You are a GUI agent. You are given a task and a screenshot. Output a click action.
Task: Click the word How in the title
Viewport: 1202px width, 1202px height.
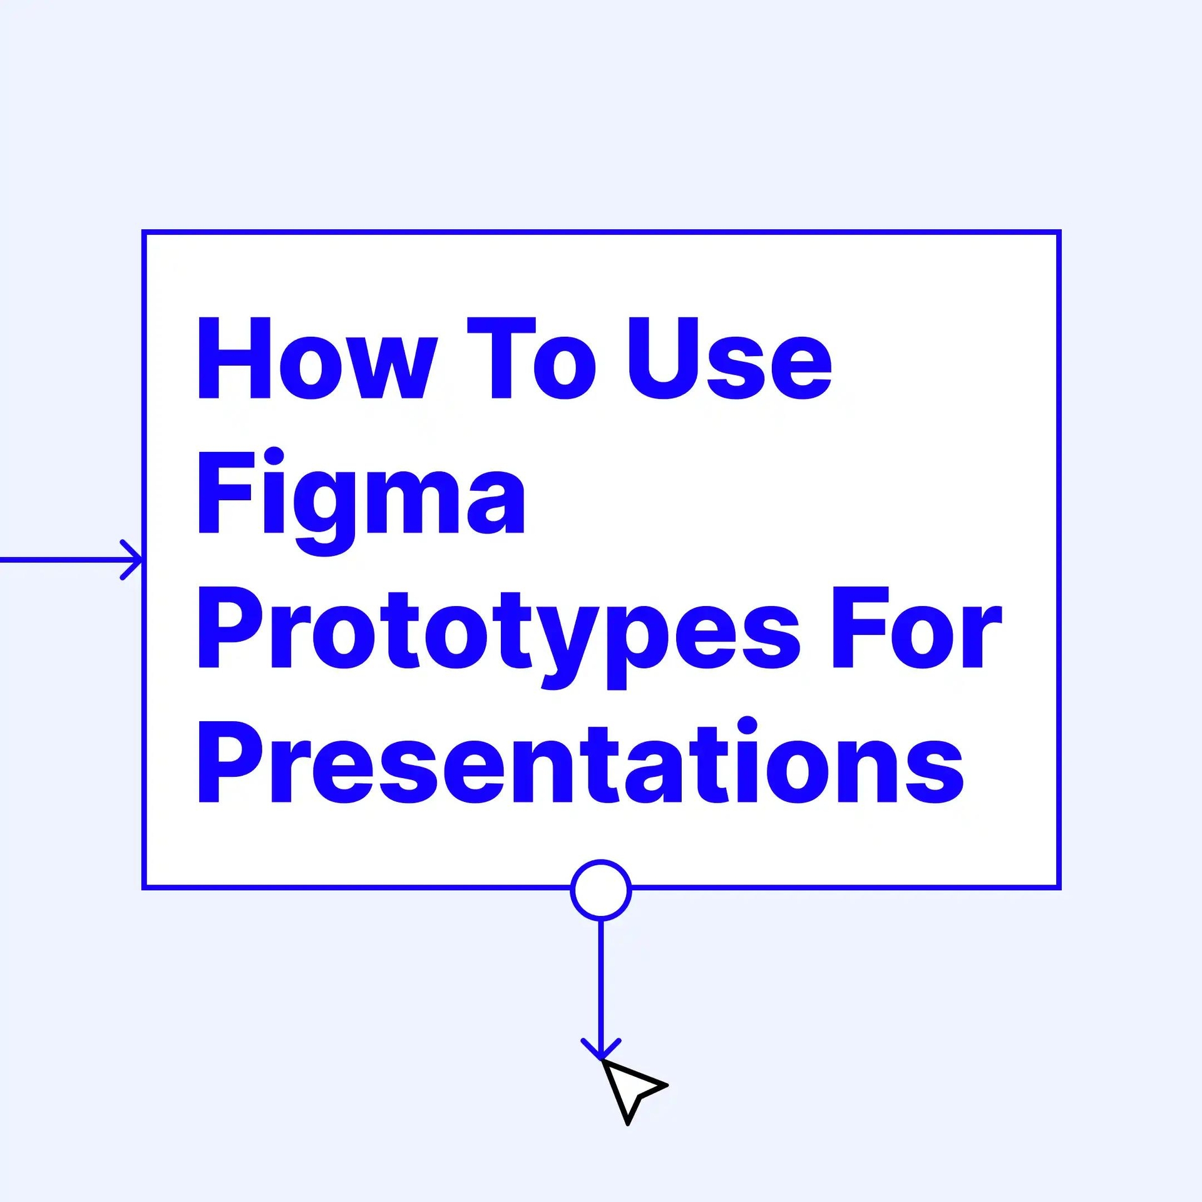(x=317, y=357)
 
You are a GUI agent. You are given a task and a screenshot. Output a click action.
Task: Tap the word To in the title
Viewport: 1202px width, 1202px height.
(x=532, y=357)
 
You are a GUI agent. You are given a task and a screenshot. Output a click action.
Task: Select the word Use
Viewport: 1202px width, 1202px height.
(x=730, y=358)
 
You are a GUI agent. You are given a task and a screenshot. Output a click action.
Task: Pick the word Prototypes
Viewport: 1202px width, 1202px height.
(x=500, y=637)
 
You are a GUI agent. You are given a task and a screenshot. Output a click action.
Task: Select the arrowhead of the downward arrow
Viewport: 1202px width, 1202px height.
(x=601, y=1050)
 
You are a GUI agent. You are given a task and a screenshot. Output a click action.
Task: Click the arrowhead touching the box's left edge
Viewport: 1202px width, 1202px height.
(x=133, y=559)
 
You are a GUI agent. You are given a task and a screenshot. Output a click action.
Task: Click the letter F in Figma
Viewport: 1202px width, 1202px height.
(x=226, y=493)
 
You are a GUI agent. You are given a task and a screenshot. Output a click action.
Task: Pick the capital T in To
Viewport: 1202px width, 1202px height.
(x=501, y=357)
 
